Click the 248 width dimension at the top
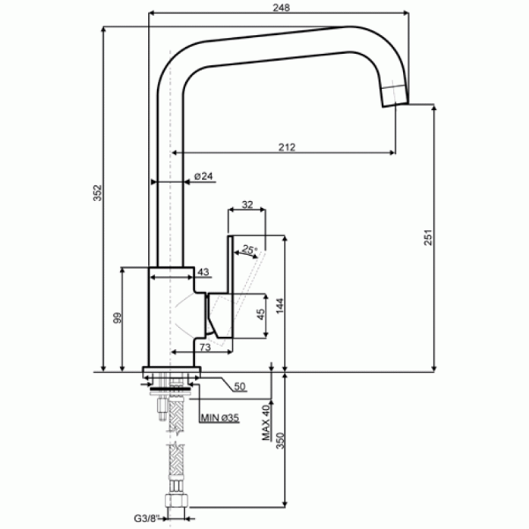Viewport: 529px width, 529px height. tap(281, 7)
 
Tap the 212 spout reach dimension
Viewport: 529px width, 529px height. tap(287, 147)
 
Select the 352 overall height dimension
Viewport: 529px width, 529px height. tap(98, 192)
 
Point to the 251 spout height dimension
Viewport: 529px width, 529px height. tap(428, 237)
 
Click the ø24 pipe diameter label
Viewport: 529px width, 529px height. tap(204, 175)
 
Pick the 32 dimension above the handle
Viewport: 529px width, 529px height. tap(247, 205)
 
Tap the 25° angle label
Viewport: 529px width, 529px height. tap(250, 250)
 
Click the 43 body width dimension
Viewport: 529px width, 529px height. tap(203, 272)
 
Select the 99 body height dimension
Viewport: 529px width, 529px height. tap(117, 317)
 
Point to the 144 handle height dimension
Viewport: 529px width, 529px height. tap(280, 306)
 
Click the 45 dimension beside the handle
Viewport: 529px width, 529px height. tap(261, 315)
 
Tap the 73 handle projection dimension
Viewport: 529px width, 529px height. tap(205, 347)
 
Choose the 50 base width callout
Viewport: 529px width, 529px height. tap(240, 386)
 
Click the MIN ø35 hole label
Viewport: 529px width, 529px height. tap(220, 418)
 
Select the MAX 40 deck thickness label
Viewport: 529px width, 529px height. tap(266, 422)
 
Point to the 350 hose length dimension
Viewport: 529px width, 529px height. tap(280, 441)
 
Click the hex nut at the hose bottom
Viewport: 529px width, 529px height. tap(176, 500)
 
